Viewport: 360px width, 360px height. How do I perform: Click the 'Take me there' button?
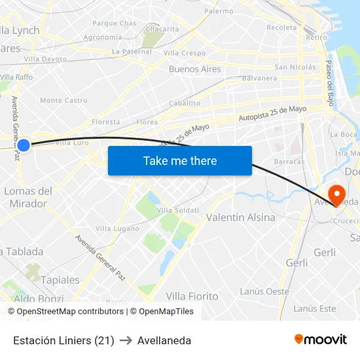pos(180,160)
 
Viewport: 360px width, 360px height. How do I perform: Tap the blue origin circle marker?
pos(23,145)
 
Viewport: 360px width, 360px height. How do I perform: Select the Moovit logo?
pos(320,340)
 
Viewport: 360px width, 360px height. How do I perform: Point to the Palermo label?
pos(219,11)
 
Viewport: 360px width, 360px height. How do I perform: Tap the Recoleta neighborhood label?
pos(281,27)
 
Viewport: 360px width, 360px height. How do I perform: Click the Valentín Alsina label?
pos(240,217)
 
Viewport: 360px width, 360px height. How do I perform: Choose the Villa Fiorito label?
pos(192,297)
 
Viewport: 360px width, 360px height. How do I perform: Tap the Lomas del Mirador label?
pos(28,197)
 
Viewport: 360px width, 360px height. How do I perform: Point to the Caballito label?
pos(185,103)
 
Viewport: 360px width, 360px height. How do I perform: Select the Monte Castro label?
pos(63,100)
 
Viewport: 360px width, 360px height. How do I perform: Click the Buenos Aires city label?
pos(194,69)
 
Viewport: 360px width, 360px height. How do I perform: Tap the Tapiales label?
pos(60,280)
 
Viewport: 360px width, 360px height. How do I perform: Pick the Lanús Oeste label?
pos(264,291)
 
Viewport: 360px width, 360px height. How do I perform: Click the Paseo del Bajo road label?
pos(329,77)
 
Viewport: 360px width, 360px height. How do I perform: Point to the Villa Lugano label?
pos(117,228)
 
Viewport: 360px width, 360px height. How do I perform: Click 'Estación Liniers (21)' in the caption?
pos(63,340)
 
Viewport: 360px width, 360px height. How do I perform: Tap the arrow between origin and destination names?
pos(126,340)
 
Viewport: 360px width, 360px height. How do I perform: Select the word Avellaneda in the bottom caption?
pos(164,340)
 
